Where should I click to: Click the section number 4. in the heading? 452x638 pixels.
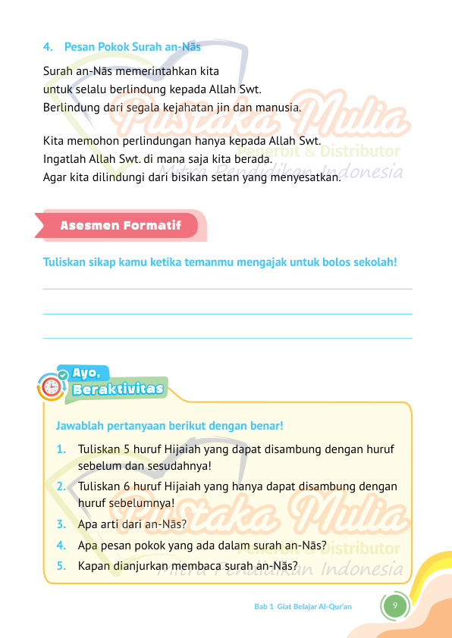(48, 47)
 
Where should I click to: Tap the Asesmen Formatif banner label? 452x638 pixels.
(121, 226)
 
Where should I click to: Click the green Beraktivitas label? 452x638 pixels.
(118, 389)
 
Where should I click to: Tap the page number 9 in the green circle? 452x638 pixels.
(394, 605)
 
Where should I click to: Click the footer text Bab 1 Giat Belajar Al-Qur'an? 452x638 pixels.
(303, 607)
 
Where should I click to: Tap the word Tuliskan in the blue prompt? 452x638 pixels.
(66, 263)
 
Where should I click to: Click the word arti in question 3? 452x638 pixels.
(108, 524)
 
